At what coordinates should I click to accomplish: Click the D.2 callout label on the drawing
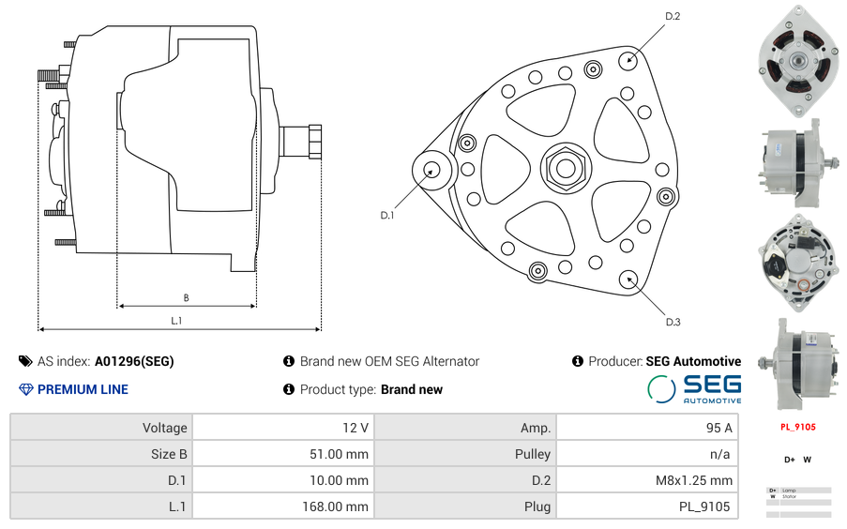pos(672,16)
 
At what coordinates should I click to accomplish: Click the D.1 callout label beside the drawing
pos(387,216)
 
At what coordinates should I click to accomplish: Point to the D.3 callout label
pos(673,322)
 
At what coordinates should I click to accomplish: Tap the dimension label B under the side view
pos(186,298)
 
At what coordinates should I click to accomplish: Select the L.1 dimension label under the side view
pos(175,321)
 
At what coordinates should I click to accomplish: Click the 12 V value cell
pos(281,428)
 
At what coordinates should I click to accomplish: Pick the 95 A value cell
pos(646,428)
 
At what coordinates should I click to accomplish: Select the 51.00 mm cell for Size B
pos(281,454)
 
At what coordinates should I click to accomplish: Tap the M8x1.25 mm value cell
pos(646,480)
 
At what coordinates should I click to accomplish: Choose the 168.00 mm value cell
pos(281,506)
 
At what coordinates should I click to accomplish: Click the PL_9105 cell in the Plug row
pos(646,506)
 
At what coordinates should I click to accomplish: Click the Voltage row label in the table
pos(101,428)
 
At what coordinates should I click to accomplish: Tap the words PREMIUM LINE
pos(83,389)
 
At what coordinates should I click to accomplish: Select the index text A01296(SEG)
pos(133,361)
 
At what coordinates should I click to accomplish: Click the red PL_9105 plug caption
pos(798,427)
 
